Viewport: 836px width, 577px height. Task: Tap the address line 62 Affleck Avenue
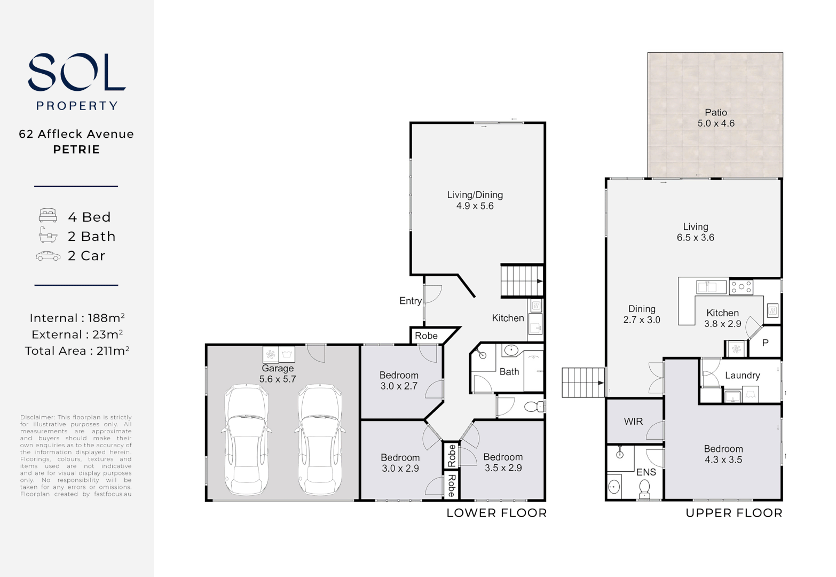coord(76,134)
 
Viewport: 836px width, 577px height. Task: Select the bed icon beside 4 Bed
coord(48,216)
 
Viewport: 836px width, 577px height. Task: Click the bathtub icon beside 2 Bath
coord(48,235)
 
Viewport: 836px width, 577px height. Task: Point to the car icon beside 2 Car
coord(48,256)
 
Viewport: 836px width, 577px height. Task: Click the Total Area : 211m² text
coord(77,351)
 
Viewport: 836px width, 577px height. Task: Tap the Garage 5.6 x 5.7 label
coord(278,373)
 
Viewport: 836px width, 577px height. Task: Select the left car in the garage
coord(246,440)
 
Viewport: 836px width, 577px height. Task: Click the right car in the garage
coord(319,440)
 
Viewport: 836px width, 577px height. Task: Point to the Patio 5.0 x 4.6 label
coord(716,118)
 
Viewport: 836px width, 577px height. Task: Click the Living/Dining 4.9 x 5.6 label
coord(475,200)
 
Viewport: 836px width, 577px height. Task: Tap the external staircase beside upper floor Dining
coord(583,383)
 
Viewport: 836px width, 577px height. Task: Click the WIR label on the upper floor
coord(633,422)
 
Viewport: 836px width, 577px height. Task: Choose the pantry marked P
coord(765,343)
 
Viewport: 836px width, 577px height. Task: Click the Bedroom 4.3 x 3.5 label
coord(723,454)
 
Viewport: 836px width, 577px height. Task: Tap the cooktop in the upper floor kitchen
coord(741,287)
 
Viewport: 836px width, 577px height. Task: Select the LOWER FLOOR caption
coord(496,513)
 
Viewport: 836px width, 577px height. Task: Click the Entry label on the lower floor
coord(410,301)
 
